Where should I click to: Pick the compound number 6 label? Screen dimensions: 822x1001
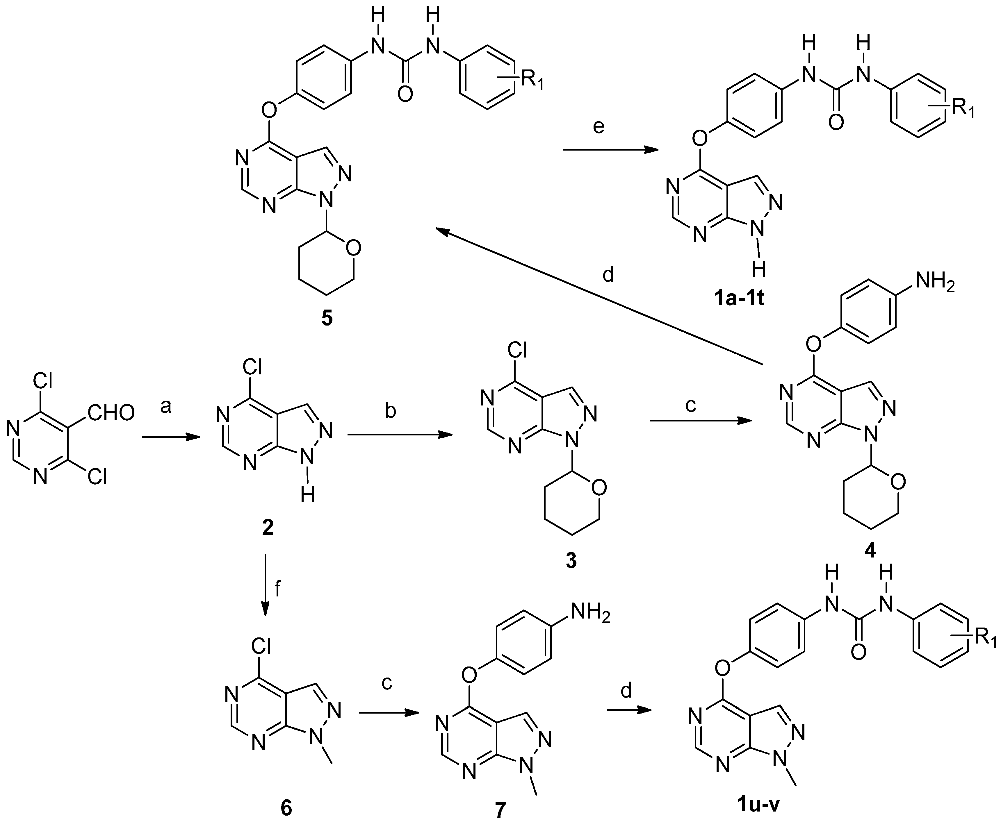[286, 808]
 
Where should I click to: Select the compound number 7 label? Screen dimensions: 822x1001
[500, 810]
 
